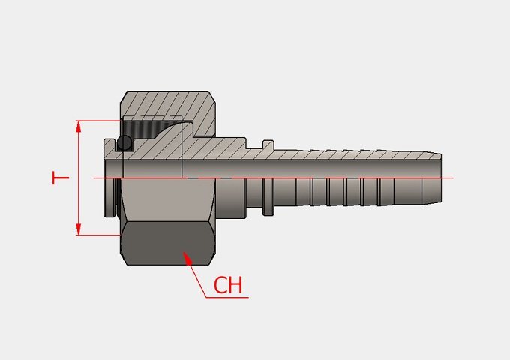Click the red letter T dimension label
coord(61,178)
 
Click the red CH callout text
coord(228,285)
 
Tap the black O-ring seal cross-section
coord(124,142)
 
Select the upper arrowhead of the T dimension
coord(79,126)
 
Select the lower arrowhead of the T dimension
coord(79,229)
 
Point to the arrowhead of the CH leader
coord(187,257)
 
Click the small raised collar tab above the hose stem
coord(268,145)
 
